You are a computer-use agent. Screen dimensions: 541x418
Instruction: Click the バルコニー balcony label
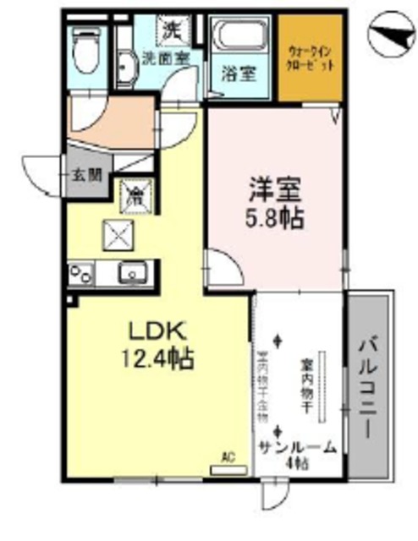tap(370, 388)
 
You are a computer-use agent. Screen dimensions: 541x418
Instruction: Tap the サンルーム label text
tap(295, 447)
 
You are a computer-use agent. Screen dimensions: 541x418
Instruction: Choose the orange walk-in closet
tap(309, 57)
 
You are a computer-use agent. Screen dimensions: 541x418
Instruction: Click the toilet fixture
tap(84, 51)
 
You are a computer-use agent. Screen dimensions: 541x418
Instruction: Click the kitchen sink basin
tap(134, 273)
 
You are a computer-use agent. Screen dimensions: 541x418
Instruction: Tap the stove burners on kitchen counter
tap(81, 273)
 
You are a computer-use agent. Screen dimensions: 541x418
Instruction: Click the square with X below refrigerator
tap(114, 231)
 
